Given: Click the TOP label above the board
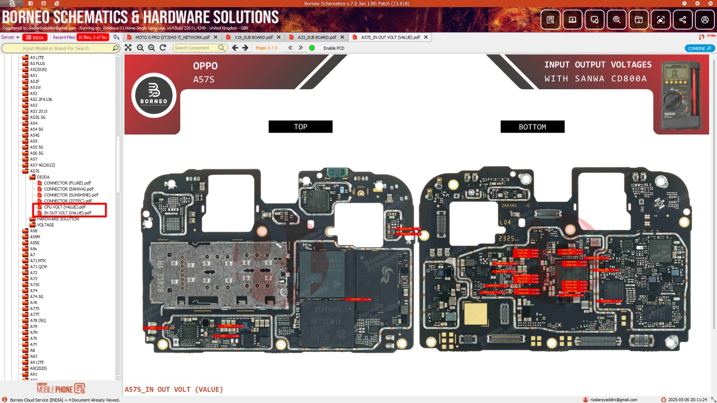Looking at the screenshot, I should (300, 127).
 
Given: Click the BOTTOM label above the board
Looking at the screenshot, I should (532, 127).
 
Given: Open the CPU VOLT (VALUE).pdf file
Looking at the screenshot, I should (65, 207).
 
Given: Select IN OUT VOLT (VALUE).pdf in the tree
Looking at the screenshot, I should (67, 213).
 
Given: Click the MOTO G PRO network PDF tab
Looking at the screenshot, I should (172, 38).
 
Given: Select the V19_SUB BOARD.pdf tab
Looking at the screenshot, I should (253, 38).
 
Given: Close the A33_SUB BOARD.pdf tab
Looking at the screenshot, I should (342, 37).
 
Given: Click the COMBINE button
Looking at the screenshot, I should (699, 48).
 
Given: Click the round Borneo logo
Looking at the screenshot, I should (154, 95).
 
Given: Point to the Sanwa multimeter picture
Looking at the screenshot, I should (681, 95).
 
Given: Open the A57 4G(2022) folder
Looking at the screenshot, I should (42, 165).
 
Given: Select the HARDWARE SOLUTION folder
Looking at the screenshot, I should (58, 219).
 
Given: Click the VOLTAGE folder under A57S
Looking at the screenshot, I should (45, 225).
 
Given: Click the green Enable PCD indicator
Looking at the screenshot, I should (312, 48).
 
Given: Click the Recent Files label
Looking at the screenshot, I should (64, 38).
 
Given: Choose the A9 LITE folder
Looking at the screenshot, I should (37, 363).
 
